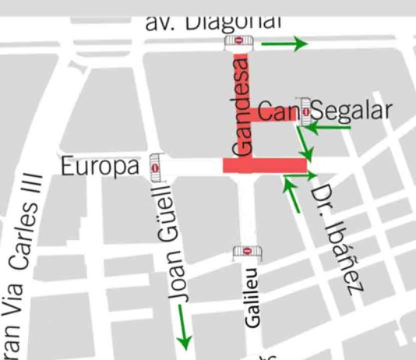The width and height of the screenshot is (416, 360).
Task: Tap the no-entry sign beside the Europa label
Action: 156,167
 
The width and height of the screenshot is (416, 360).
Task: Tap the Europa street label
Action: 100,166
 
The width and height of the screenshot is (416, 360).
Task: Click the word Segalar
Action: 351,111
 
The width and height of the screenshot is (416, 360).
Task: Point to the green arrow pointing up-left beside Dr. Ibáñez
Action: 293,194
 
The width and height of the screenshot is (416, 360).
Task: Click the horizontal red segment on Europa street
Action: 265,165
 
